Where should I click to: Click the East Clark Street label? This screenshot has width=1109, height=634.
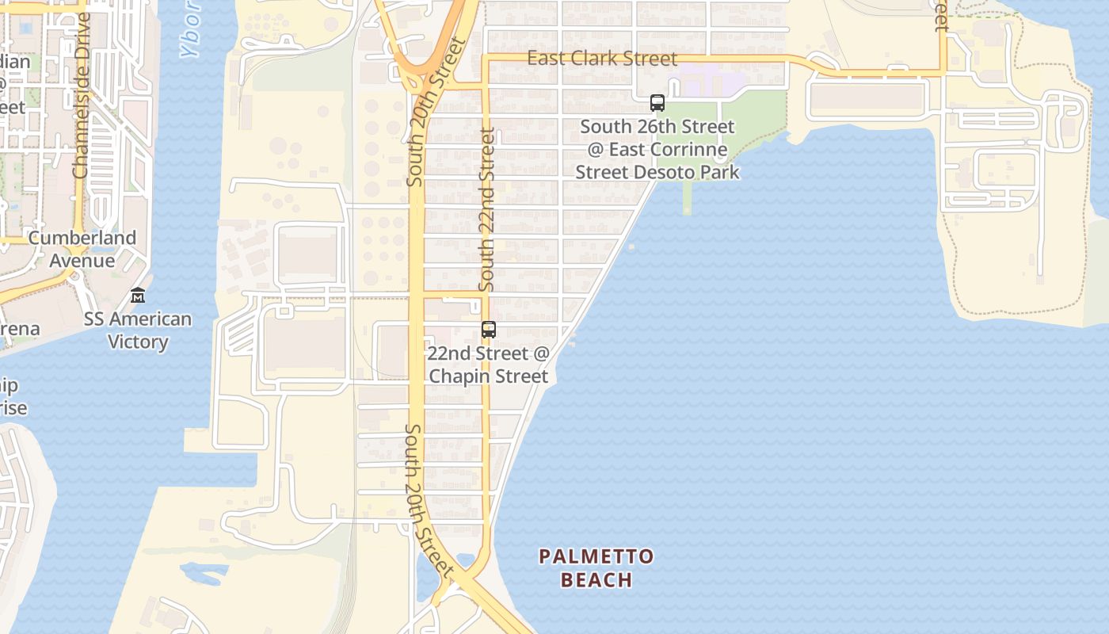point(602,59)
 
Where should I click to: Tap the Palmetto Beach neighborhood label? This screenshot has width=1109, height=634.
point(596,568)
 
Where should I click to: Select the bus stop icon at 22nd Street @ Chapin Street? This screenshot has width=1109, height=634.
point(489,330)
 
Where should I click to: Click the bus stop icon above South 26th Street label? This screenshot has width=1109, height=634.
point(657,103)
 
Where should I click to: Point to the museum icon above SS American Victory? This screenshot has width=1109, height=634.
point(138,295)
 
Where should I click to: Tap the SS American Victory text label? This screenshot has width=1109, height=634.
point(138,330)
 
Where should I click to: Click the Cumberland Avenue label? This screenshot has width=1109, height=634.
point(82,249)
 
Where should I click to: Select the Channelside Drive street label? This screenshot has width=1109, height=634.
point(82,95)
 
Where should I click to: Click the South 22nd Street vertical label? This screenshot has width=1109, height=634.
point(487,209)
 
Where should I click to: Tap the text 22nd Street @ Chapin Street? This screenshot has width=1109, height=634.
point(488,365)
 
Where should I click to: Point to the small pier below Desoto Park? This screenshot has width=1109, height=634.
point(686,197)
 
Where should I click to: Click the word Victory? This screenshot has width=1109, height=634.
point(138,342)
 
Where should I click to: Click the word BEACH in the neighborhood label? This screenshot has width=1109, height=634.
point(596,580)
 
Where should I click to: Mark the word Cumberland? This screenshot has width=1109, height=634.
point(82,238)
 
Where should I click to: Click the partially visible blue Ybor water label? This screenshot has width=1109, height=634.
point(190,36)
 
